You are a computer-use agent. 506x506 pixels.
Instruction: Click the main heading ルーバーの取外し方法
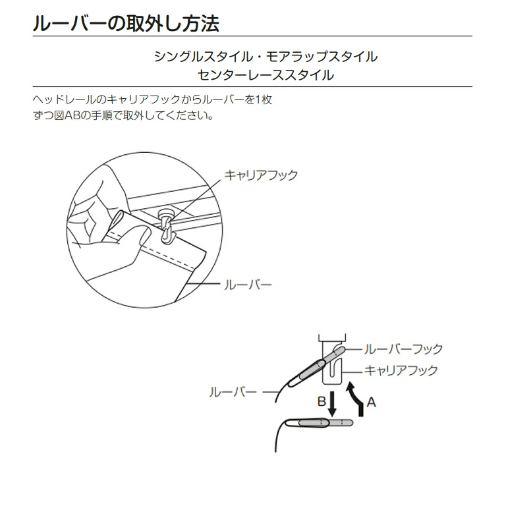click(x=126, y=23)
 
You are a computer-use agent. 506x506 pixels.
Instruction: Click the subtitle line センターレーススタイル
click(x=266, y=75)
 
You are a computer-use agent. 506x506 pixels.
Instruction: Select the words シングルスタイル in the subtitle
click(x=204, y=57)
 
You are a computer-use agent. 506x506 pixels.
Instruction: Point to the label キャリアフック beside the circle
click(x=261, y=175)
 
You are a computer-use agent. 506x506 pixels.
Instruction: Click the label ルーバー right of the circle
click(x=248, y=285)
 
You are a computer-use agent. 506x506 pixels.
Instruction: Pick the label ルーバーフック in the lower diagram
click(x=404, y=349)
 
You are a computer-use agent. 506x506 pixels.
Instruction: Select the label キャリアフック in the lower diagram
click(x=401, y=370)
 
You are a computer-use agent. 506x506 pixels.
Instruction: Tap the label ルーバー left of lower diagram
click(x=233, y=392)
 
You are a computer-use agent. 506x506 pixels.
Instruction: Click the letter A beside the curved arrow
click(x=372, y=402)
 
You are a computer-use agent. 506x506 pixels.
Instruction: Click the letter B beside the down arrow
click(x=322, y=401)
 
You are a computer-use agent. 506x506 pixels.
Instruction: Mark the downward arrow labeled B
click(x=332, y=404)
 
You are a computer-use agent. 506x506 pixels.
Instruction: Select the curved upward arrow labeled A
click(x=357, y=399)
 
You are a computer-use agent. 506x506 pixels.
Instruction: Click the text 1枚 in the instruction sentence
click(x=264, y=99)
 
